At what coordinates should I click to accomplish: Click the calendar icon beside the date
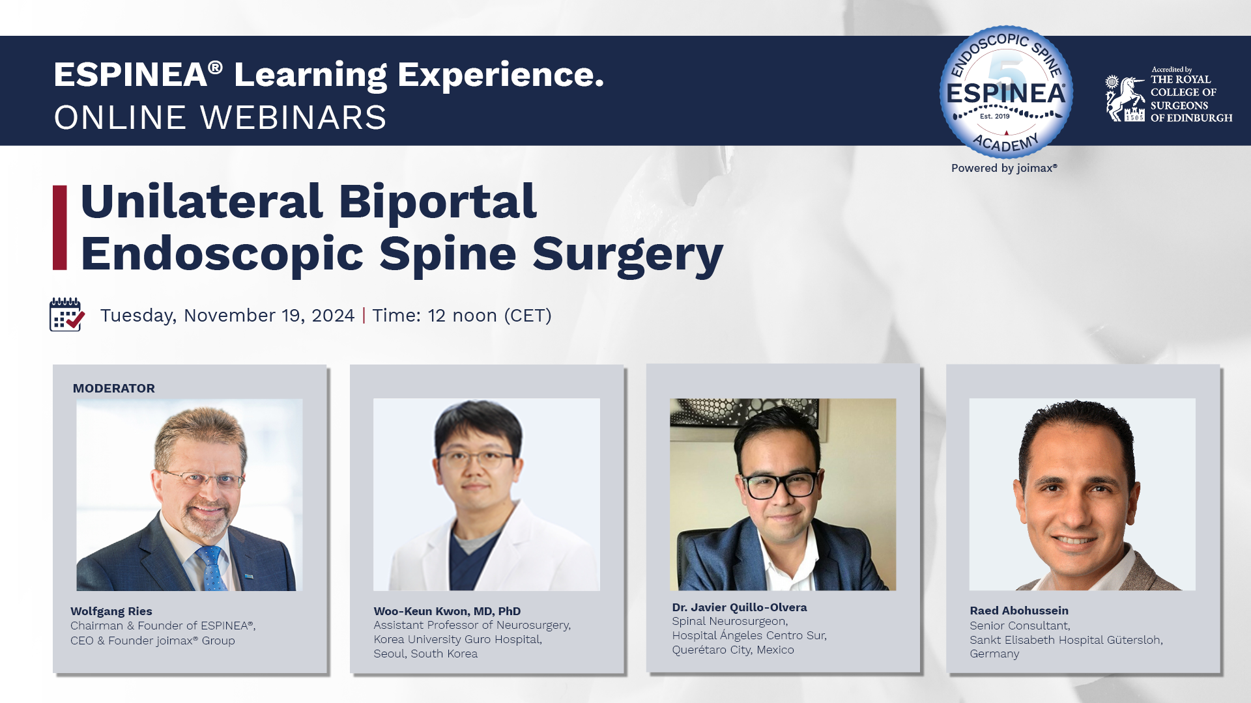point(67,314)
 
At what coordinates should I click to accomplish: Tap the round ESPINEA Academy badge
point(1006,92)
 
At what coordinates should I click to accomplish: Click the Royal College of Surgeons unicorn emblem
point(1125,98)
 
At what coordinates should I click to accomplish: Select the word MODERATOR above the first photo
point(114,389)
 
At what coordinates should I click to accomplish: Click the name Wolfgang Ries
point(111,611)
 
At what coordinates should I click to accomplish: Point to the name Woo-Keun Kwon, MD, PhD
point(447,611)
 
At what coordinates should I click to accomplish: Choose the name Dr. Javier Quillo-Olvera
point(740,607)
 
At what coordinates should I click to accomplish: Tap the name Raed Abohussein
point(1019,611)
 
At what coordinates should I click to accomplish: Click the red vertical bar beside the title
point(60,227)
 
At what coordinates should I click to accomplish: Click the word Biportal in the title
point(437,202)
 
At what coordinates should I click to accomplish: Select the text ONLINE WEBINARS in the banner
point(220,118)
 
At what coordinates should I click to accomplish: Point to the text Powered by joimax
point(1004,168)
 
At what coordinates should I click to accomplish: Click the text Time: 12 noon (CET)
point(462,316)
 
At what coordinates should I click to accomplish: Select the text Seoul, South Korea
point(425,654)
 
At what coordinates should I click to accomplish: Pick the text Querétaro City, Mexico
point(733,650)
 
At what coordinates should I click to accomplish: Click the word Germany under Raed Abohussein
point(994,654)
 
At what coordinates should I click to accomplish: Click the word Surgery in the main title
point(628,255)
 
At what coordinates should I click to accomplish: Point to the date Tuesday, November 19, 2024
point(227,316)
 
